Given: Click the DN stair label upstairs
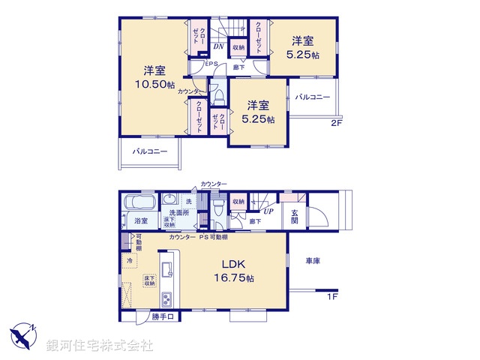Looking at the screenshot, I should click(x=218, y=46).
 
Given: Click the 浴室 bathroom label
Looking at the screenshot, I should click(x=141, y=220).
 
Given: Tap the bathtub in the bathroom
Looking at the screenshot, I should click(x=139, y=202).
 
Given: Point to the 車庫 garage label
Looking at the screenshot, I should click(x=313, y=260).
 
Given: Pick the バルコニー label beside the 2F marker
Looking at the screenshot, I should click(x=312, y=97).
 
